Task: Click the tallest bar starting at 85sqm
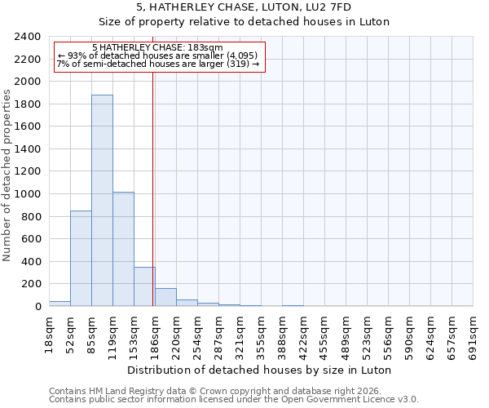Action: coord(102,201)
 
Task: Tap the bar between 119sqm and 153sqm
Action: coord(123,249)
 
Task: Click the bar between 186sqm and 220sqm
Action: coord(165,297)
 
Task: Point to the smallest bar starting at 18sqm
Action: coord(59,304)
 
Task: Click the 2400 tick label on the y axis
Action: coord(28,37)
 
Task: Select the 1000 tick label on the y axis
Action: coord(28,194)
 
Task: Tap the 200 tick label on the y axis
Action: coord(31,284)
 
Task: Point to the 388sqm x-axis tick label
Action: coord(283,336)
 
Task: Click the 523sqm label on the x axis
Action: coord(368,336)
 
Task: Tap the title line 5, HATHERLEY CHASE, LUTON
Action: coord(244,7)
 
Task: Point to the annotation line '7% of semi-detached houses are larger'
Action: coord(158,64)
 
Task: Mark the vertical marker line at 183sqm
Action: coord(153,188)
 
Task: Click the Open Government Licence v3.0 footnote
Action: coord(234,399)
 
